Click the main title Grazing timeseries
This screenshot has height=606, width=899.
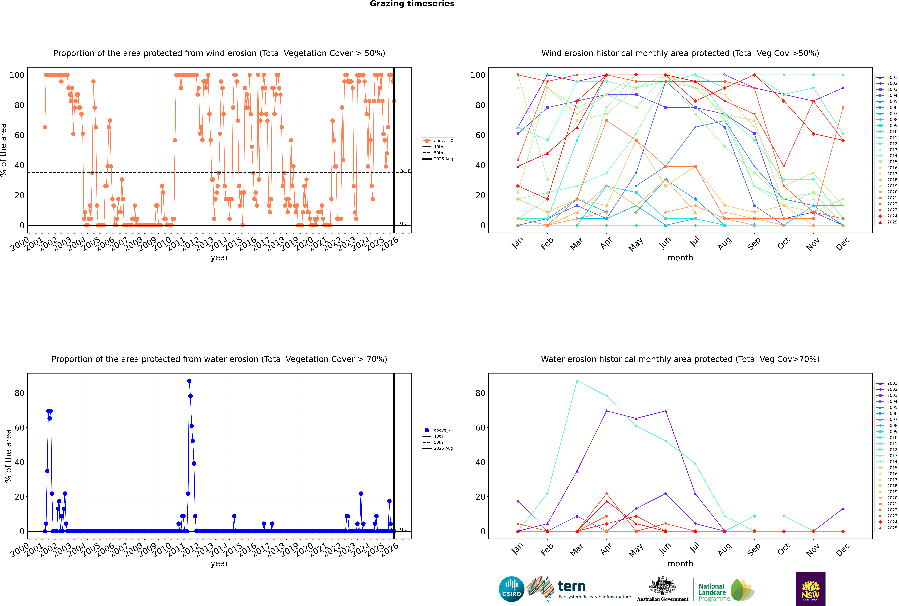pyautogui.click(x=412, y=4)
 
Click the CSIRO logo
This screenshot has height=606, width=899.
pyautogui.click(x=511, y=589)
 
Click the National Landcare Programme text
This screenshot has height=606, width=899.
pyautogui.click(x=712, y=592)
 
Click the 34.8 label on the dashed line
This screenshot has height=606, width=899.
pyautogui.click(x=405, y=171)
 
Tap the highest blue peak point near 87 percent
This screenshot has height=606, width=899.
pyautogui.click(x=189, y=381)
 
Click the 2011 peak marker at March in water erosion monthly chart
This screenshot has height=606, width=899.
pyautogui.click(x=577, y=381)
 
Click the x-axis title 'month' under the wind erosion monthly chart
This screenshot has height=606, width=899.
pyautogui.click(x=680, y=258)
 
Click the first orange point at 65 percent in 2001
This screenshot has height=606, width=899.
pyautogui.click(x=45, y=127)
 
